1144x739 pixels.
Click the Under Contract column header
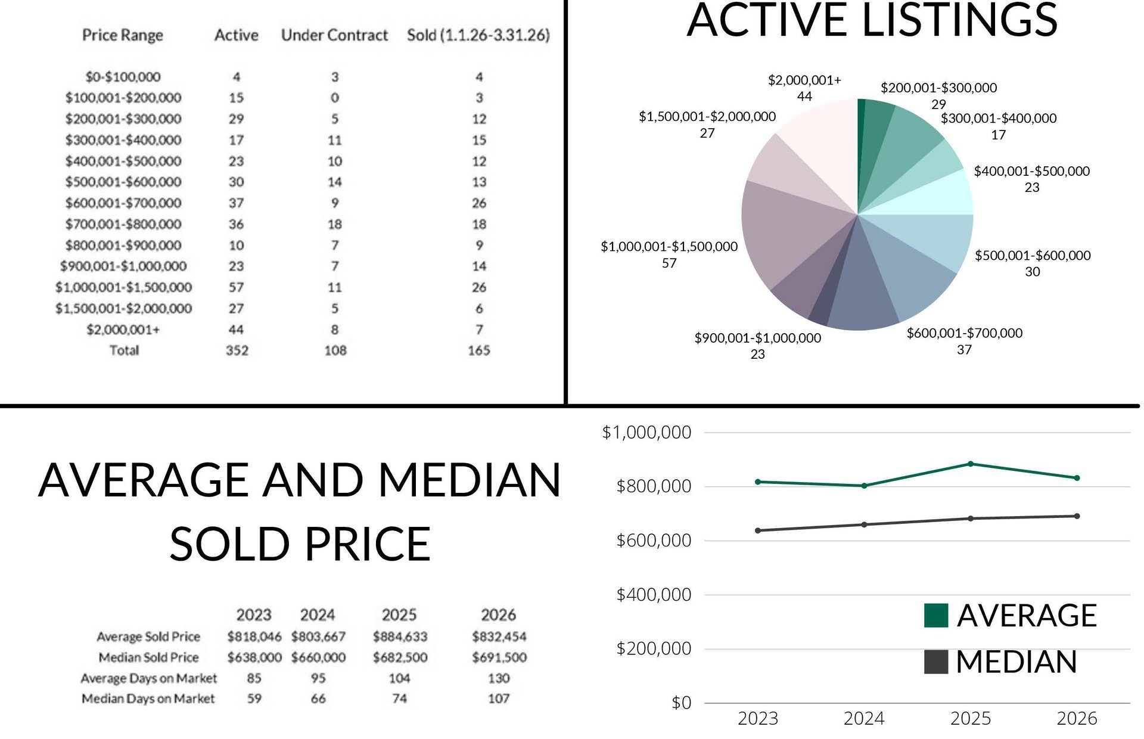click(x=334, y=36)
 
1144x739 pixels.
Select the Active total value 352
click(x=237, y=350)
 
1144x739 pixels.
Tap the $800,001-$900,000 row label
click(x=123, y=246)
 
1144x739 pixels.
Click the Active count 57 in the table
click(x=237, y=287)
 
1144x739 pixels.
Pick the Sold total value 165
click(x=478, y=350)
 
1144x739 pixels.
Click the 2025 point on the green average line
click(x=971, y=464)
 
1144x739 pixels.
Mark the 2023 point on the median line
click(x=757, y=530)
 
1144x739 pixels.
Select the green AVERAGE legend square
click(x=935, y=616)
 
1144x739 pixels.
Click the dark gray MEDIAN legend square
click(x=935, y=662)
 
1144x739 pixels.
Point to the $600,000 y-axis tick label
click(x=654, y=541)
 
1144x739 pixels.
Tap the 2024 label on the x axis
click(x=864, y=719)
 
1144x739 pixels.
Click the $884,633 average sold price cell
click(x=400, y=636)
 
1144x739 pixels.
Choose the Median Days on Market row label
click(x=148, y=698)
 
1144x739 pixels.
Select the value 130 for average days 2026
click(x=499, y=678)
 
